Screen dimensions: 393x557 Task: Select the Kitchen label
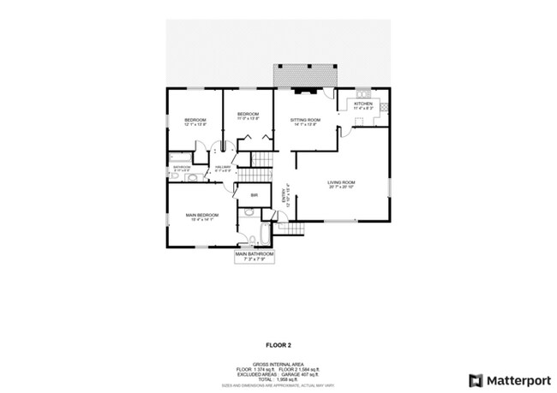[363, 104]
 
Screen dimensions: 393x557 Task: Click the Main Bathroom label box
[254, 255]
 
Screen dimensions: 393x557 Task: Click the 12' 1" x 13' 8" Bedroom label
[196, 122]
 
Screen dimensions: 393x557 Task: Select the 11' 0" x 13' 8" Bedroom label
[248, 116]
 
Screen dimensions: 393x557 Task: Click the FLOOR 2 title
[278, 344]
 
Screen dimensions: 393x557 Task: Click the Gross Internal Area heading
[278, 363]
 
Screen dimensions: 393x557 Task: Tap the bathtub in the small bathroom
[180, 158]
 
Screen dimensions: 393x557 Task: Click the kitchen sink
[364, 92]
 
